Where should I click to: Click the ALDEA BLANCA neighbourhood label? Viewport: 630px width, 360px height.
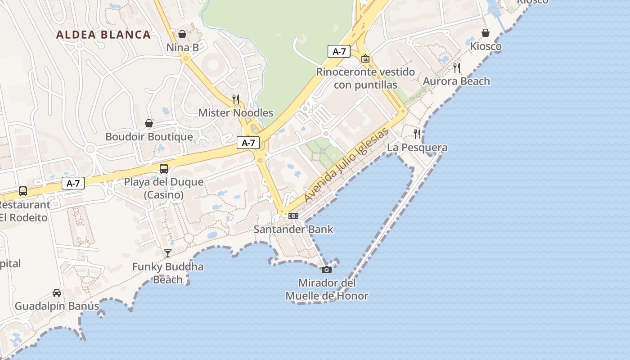pos(103,35)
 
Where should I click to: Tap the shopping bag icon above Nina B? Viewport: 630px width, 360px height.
pos(182,34)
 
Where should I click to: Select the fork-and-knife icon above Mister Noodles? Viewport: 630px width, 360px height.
pos(236,99)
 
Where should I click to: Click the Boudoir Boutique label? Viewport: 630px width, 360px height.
pos(149,137)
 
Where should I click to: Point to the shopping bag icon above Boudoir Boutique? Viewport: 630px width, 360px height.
pos(149,123)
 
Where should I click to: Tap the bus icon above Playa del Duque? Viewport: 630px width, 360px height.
pos(164,169)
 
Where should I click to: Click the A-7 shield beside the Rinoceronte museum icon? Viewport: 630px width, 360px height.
pos(339,51)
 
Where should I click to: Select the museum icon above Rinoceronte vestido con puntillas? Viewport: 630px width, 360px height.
pos(365,58)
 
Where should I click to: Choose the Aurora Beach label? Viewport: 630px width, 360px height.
pos(456,81)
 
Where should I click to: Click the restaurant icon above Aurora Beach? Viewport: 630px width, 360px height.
pos(457,68)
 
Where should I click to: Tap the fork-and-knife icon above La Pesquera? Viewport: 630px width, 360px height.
pos(417,134)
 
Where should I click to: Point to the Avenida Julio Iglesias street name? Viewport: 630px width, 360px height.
pos(346,165)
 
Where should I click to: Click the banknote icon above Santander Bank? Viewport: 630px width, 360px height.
pos(293,216)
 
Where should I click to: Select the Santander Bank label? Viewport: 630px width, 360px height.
pos(293,229)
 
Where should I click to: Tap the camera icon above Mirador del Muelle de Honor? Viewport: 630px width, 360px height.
pos(327,270)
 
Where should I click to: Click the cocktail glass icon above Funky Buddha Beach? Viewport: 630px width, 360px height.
pos(168,253)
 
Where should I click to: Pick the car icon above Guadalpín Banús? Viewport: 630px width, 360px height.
pos(57,293)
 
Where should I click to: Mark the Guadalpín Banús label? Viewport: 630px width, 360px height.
pos(57,306)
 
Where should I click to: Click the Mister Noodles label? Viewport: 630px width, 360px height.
pos(236,113)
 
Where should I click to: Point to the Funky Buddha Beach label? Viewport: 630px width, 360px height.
pos(168,273)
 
